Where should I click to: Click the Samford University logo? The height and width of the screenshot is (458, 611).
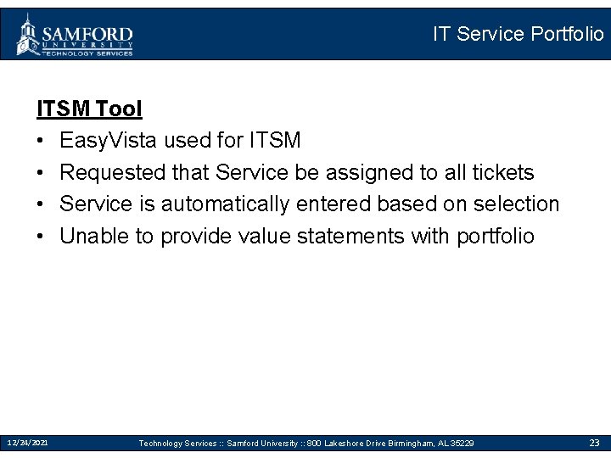coord(75,35)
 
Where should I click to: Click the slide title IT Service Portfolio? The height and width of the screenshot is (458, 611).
coord(518,34)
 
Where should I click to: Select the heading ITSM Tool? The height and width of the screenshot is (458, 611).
coord(89,109)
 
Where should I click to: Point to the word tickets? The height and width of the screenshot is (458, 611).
coord(504,172)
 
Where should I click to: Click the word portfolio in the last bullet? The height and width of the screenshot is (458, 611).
coord(496,236)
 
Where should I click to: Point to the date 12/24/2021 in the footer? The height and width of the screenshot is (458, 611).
coord(28,443)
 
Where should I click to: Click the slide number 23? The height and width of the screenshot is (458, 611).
coord(595,443)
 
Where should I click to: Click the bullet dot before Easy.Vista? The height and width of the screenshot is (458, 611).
coord(42,141)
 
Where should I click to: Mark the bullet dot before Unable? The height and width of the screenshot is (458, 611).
coord(42,237)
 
